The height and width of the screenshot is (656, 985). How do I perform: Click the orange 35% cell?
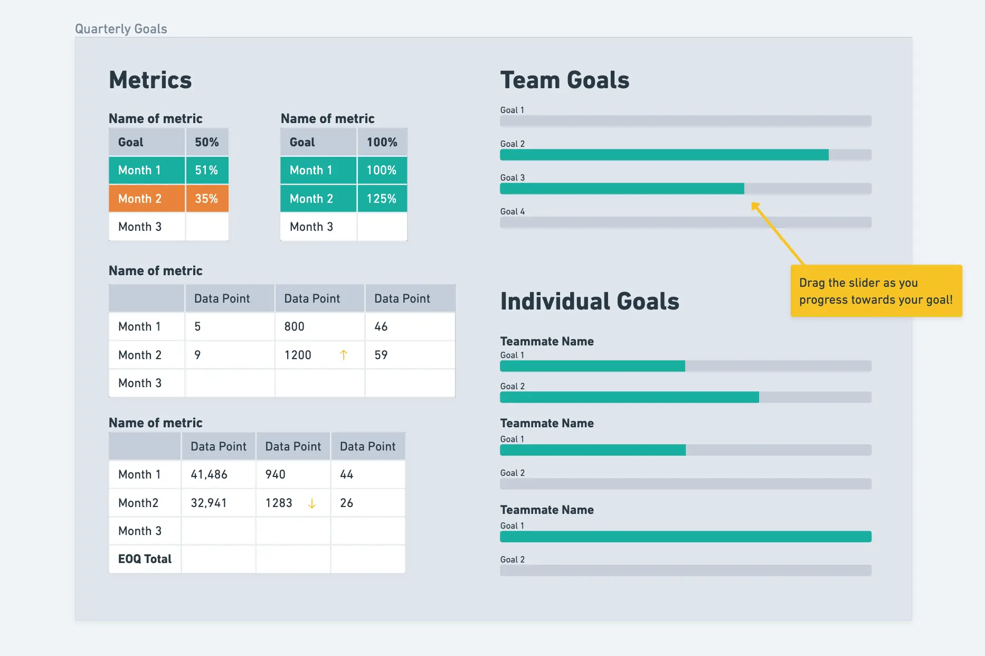(206, 199)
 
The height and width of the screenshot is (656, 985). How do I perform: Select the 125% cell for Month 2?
(382, 199)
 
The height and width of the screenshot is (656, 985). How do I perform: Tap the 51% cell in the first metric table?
(206, 170)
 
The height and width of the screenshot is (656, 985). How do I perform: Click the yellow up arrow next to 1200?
(344, 355)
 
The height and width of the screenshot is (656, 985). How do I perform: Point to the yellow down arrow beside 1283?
(312, 503)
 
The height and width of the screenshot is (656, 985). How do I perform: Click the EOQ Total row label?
(145, 559)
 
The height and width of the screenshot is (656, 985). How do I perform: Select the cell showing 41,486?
(209, 474)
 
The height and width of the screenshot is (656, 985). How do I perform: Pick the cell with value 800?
(295, 326)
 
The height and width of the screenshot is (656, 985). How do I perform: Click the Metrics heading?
(150, 80)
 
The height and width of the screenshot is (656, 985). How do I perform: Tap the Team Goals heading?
(565, 80)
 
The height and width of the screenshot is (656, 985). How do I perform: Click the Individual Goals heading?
(590, 301)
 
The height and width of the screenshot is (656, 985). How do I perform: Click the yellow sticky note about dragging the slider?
(876, 291)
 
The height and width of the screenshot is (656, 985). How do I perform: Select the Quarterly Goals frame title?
(121, 29)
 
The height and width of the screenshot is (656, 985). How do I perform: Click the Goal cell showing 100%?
(382, 142)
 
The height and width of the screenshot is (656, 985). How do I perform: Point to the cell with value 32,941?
(209, 503)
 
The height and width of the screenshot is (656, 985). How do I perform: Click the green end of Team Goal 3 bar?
(742, 189)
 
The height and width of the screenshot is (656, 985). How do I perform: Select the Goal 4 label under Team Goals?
(513, 211)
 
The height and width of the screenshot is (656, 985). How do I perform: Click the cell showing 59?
(381, 355)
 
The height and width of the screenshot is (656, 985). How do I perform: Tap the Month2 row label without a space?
(138, 503)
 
